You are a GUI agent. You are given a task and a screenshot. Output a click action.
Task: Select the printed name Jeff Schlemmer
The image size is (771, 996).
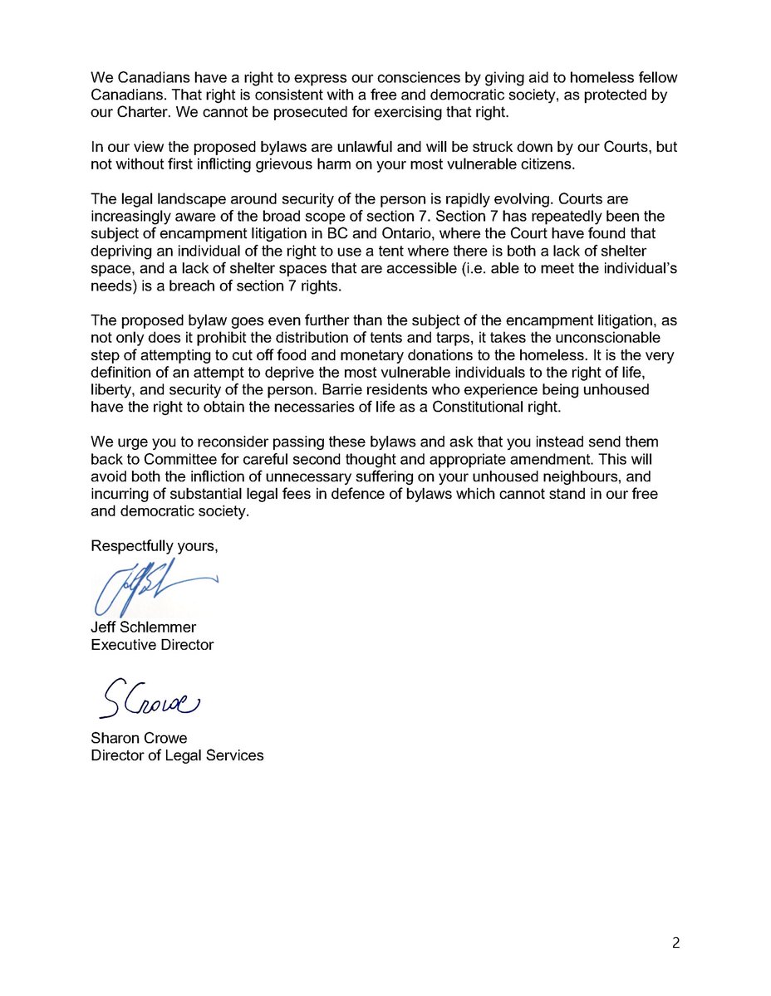pos(142,627)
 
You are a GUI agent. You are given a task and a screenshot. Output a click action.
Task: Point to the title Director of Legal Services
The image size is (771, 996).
pos(177,756)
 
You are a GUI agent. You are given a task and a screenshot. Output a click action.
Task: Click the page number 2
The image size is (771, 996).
pos(675,943)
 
